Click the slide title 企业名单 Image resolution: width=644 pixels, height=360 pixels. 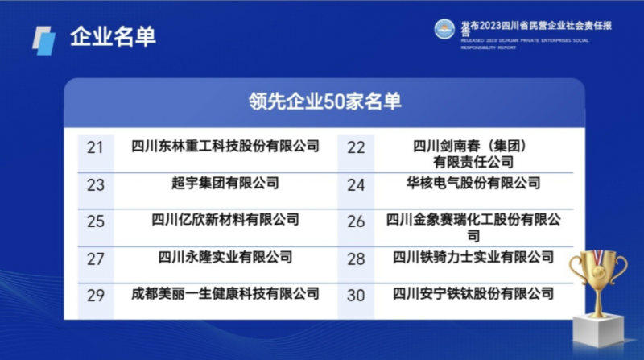tap(113, 36)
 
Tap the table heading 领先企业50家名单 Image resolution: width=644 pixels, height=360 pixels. tap(324, 101)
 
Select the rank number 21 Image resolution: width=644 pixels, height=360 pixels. tap(95, 147)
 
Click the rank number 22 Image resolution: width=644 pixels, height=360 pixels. tap(356, 147)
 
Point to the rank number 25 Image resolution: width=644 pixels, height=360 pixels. tap(95, 221)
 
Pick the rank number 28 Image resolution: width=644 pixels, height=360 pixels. tap(356, 259)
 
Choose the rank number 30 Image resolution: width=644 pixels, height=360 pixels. tap(356, 296)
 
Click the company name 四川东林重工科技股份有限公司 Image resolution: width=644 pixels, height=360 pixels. tap(225, 146)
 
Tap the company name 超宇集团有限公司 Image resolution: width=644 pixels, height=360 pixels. tap(225, 183)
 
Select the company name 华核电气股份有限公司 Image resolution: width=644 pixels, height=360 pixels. tap(473, 183)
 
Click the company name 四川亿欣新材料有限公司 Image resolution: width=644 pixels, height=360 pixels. tap(225, 219)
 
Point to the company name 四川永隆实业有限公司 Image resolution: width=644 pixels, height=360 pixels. tap(225, 257)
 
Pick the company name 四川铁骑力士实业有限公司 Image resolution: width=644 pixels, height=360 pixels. tap(473, 257)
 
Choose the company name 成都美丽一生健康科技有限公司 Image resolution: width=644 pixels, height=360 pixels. tap(225, 293)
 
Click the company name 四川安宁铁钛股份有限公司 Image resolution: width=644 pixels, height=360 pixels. tap(473, 293)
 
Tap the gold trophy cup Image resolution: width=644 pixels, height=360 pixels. tap(598, 279)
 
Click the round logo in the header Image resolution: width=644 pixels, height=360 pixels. tap(444, 29)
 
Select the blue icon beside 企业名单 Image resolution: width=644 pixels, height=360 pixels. tap(44, 41)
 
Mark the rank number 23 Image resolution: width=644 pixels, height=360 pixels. tap(95, 185)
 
